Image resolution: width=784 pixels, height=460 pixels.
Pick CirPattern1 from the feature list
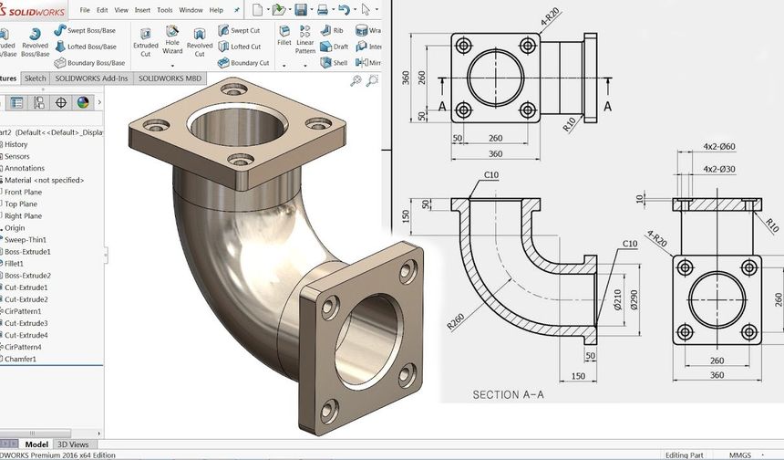pos(28,311)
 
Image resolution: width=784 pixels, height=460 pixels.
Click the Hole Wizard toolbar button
pos(172,46)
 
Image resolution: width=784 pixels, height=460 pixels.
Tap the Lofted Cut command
pos(244,47)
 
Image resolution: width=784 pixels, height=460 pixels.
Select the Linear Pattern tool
pos(304,46)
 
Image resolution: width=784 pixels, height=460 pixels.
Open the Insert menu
pos(142,10)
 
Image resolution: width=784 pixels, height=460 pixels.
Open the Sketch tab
pos(35,78)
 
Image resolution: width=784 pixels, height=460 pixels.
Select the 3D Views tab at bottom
pos(73,444)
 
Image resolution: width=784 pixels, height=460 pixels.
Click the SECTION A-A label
pos(508,395)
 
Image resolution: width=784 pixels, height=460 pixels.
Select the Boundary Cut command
pos(249,63)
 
